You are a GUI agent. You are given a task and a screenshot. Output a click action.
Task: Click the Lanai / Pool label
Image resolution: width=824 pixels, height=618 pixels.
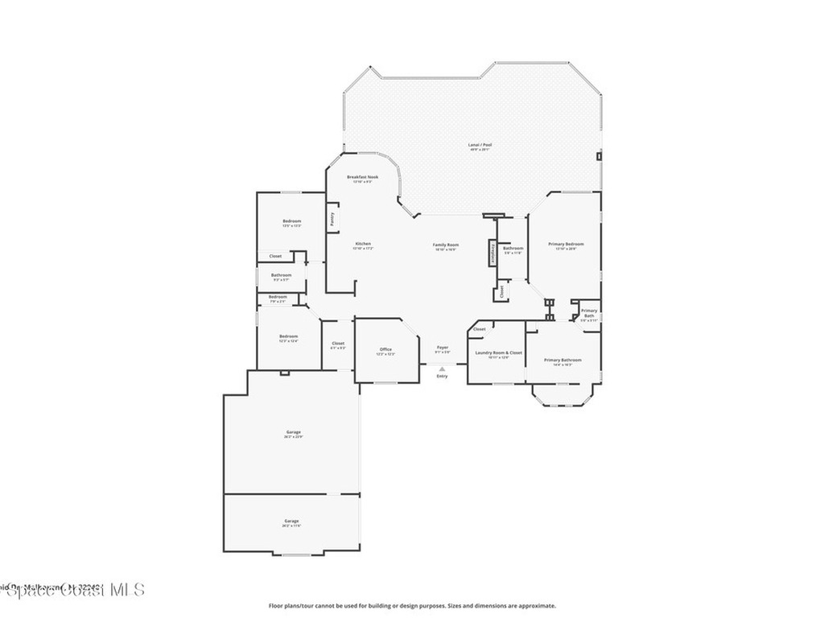click(480, 145)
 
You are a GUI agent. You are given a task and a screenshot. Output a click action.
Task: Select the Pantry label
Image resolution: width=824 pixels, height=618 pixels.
click(332, 218)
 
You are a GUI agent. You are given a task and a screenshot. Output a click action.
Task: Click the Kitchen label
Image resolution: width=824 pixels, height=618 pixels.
click(362, 244)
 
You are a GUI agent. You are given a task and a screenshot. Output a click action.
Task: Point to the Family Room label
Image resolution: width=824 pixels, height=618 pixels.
click(446, 245)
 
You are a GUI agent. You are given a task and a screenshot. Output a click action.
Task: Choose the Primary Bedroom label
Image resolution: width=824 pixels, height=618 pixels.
click(566, 244)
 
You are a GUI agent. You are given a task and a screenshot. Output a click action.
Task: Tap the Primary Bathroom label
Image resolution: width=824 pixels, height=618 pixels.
click(562, 360)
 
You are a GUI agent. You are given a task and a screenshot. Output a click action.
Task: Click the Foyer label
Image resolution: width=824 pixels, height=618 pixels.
click(442, 348)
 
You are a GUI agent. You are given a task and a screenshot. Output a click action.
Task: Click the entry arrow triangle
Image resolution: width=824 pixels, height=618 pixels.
click(442, 369)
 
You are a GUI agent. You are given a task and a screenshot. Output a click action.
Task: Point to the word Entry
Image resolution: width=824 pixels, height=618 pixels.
click(442, 377)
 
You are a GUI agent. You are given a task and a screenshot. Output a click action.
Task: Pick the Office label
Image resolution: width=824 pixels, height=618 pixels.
click(385, 348)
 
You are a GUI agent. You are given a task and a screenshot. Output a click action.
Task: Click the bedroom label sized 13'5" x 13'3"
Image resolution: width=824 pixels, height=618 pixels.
click(291, 221)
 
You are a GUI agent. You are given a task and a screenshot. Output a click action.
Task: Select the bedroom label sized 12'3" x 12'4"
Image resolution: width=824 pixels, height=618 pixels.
click(288, 336)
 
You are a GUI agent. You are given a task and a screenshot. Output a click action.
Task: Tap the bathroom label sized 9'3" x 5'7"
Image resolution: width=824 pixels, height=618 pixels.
click(280, 274)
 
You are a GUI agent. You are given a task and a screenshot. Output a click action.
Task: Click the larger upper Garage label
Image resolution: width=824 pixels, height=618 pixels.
click(293, 432)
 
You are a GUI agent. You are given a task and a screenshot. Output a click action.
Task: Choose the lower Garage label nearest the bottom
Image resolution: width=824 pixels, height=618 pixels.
click(291, 521)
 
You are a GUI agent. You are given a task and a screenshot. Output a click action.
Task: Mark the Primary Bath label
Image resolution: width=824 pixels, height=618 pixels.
click(589, 311)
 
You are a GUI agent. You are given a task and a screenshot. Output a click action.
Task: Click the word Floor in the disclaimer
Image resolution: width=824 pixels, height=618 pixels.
click(275, 606)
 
